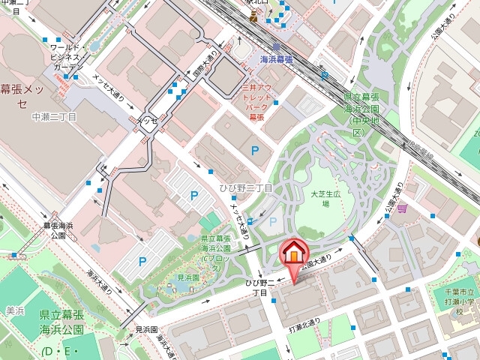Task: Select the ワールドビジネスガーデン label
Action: coord(66,57)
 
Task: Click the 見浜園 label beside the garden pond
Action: coord(188,277)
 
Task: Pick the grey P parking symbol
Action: coord(272,221)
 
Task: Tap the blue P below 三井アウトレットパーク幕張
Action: coord(255,151)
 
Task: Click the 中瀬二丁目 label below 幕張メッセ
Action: coord(53,118)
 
